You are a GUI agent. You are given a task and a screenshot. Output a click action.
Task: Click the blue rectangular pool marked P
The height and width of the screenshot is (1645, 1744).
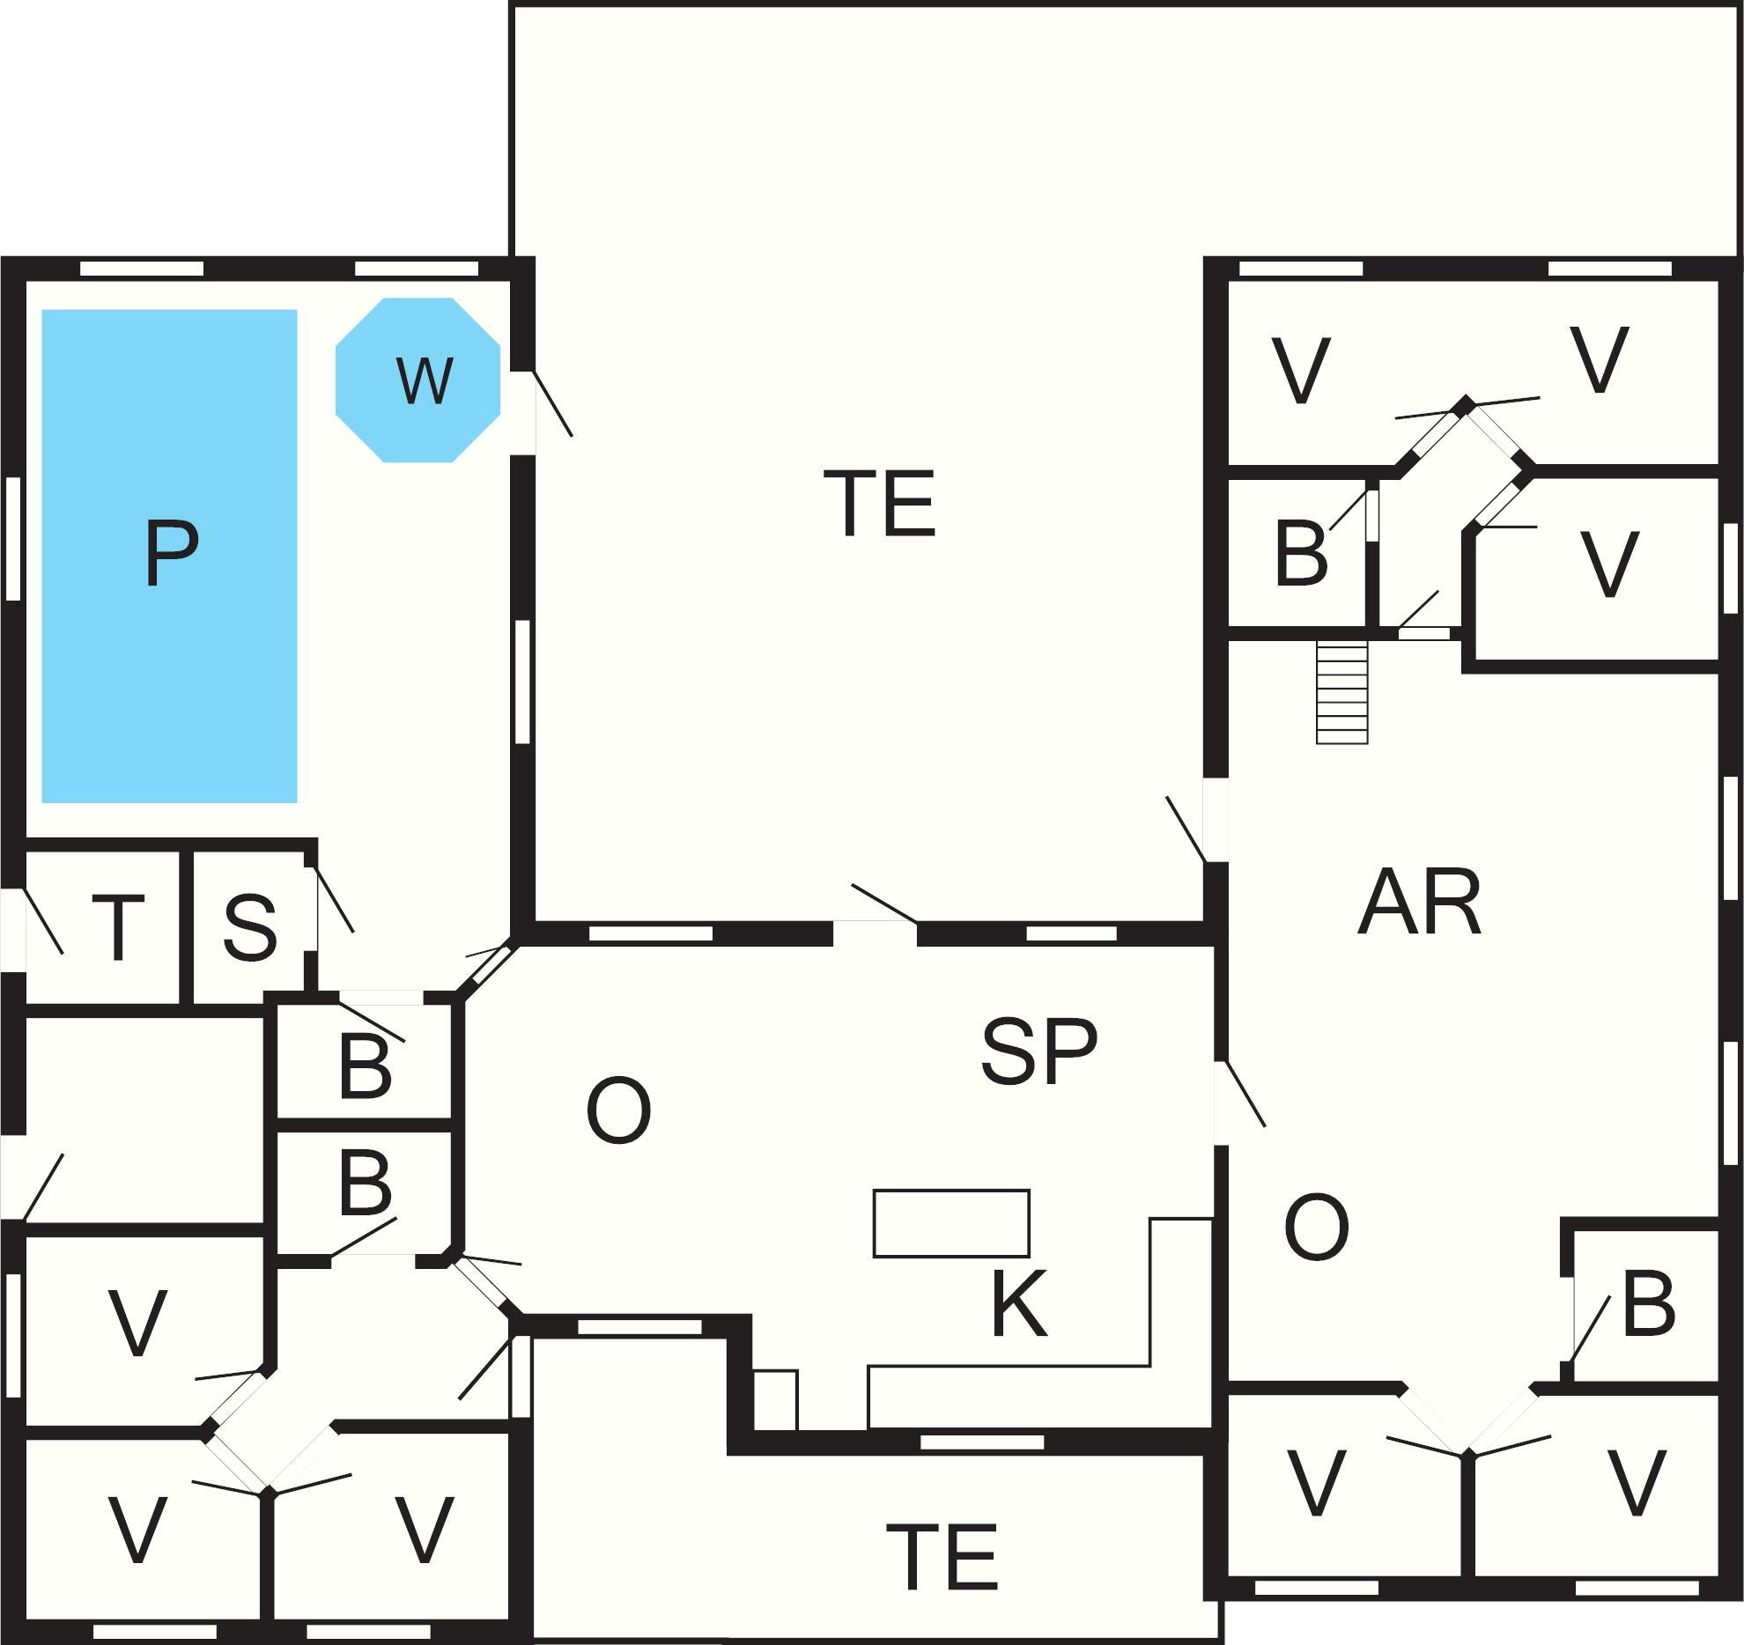pos(169,555)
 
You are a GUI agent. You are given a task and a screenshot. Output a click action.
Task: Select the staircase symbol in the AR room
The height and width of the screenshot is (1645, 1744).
pos(1341,692)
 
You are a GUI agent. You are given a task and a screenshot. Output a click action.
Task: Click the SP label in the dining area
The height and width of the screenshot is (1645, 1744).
pos(1039,1051)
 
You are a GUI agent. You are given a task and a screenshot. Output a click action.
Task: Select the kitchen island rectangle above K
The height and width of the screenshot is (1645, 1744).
pos(951,1223)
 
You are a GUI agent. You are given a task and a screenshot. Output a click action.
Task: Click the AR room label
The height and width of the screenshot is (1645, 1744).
pos(1419,904)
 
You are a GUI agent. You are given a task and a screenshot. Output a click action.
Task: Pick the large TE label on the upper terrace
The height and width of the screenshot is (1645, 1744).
pos(879,503)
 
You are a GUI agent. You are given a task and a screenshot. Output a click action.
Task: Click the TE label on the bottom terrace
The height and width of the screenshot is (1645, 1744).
pos(942,1556)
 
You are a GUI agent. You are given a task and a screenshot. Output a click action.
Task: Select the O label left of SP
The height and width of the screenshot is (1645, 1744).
pos(618,1110)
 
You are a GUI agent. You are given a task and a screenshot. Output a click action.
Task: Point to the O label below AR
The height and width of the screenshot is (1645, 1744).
pos(1317,1228)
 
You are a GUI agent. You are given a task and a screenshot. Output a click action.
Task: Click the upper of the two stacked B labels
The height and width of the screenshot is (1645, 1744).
pos(365,1069)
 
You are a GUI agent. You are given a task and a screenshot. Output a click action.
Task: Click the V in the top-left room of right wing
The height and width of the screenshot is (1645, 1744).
pos(1301,371)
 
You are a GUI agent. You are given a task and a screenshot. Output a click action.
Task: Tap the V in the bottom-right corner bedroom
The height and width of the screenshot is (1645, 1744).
pos(1637,1484)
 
